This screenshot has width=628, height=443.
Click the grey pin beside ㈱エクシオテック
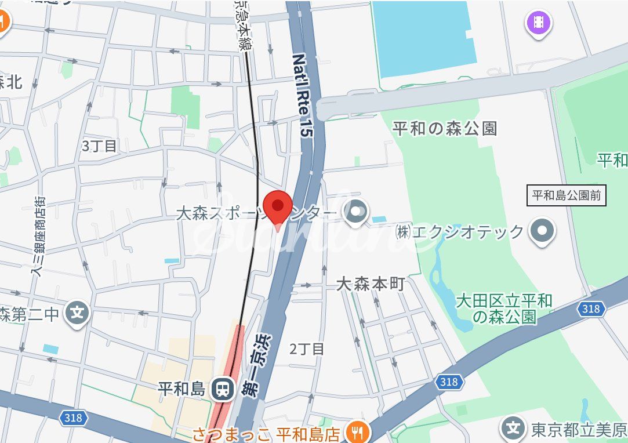pyautogui.click(x=543, y=231)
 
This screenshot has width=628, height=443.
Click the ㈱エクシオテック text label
pyautogui.click(x=459, y=232)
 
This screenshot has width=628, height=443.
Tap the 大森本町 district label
pyautogui.click(x=371, y=284)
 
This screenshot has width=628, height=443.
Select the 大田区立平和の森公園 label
pyautogui.click(x=504, y=308)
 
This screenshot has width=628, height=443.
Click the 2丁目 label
pyautogui.click(x=307, y=348)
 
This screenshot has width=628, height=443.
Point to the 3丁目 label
pyautogui.click(x=99, y=146)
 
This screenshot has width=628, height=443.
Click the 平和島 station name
pyautogui.click(x=181, y=388)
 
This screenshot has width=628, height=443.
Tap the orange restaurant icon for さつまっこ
pyautogui.click(x=354, y=431)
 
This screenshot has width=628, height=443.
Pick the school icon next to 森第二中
pyautogui.click(x=77, y=314)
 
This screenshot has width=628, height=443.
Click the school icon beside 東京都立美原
pyautogui.click(x=513, y=429)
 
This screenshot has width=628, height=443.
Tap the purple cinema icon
pyautogui.click(x=538, y=23)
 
